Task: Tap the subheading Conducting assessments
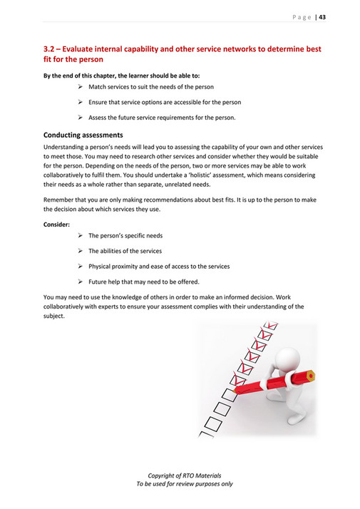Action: click(83, 135)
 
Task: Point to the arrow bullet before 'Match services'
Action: click(81, 86)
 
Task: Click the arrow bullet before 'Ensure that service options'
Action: click(81, 102)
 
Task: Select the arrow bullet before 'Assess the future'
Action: click(81, 118)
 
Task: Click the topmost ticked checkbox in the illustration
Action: click(267, 334)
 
